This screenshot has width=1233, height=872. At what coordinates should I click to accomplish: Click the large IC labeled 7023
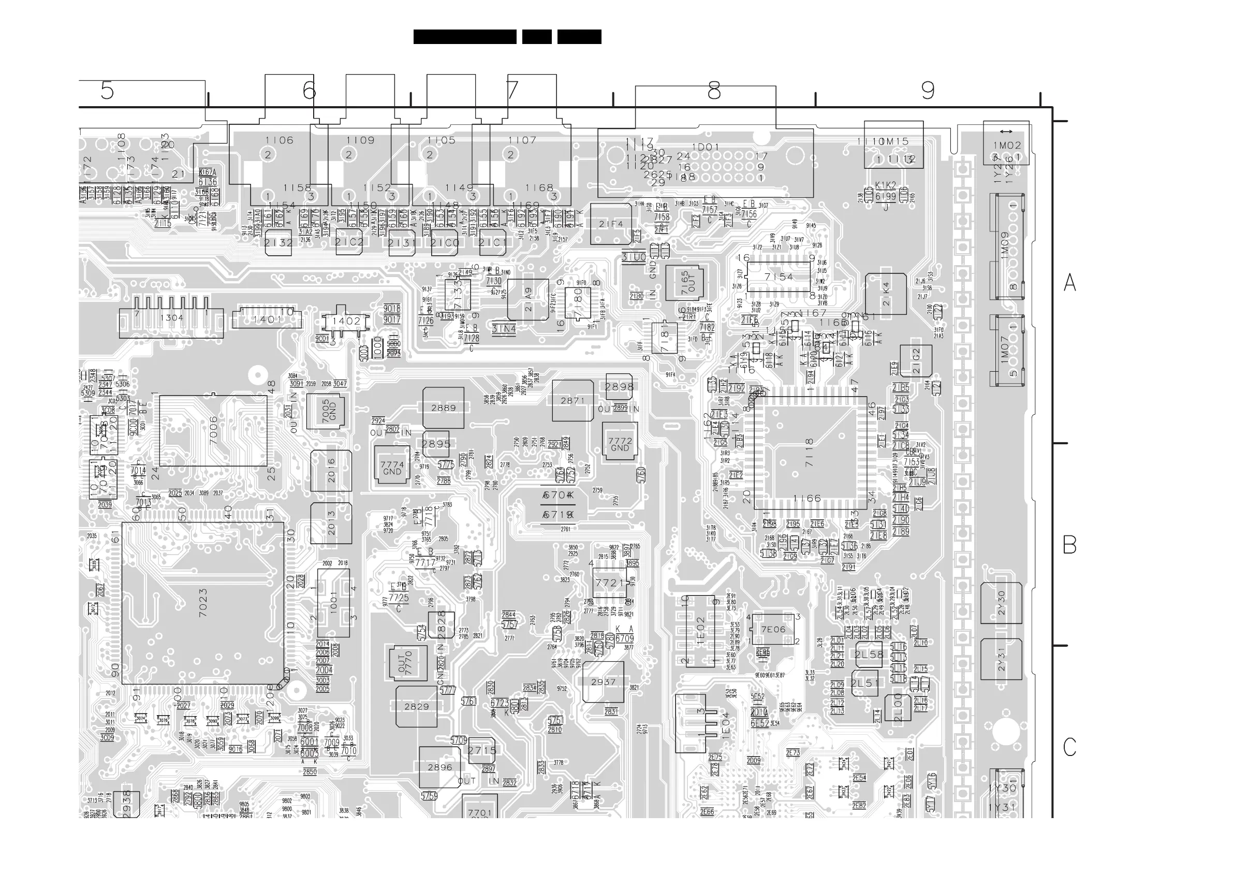tap(202, 603)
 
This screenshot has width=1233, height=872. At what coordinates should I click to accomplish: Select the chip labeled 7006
tap(213, 430)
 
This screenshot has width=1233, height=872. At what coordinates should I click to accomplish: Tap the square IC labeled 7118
tap(810, 453)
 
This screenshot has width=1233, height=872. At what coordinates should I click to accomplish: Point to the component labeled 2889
tap(443, 408)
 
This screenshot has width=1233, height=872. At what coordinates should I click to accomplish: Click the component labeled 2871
tap(573, 400)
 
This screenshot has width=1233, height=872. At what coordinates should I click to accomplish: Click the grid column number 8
tap(714, 90)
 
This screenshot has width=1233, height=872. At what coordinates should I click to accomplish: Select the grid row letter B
tap(1069, 545)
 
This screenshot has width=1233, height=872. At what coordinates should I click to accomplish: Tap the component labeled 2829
tap(416, 706)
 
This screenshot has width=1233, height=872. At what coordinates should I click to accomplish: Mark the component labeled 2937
tap(603, 682)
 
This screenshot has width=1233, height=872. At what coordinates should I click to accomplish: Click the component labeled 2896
tap(440, 767)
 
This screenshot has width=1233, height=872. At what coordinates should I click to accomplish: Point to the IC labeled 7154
tap(779, 277)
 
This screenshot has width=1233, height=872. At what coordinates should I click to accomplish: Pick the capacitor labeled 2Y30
tap(1001, 603)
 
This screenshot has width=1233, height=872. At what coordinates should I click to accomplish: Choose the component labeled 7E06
tap(773, 629)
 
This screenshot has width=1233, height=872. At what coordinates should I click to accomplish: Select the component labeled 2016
tap(331, 471)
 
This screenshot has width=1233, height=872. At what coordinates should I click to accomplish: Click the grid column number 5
tap(107, 90)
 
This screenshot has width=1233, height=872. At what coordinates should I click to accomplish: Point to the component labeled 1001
tap(333, 603)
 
